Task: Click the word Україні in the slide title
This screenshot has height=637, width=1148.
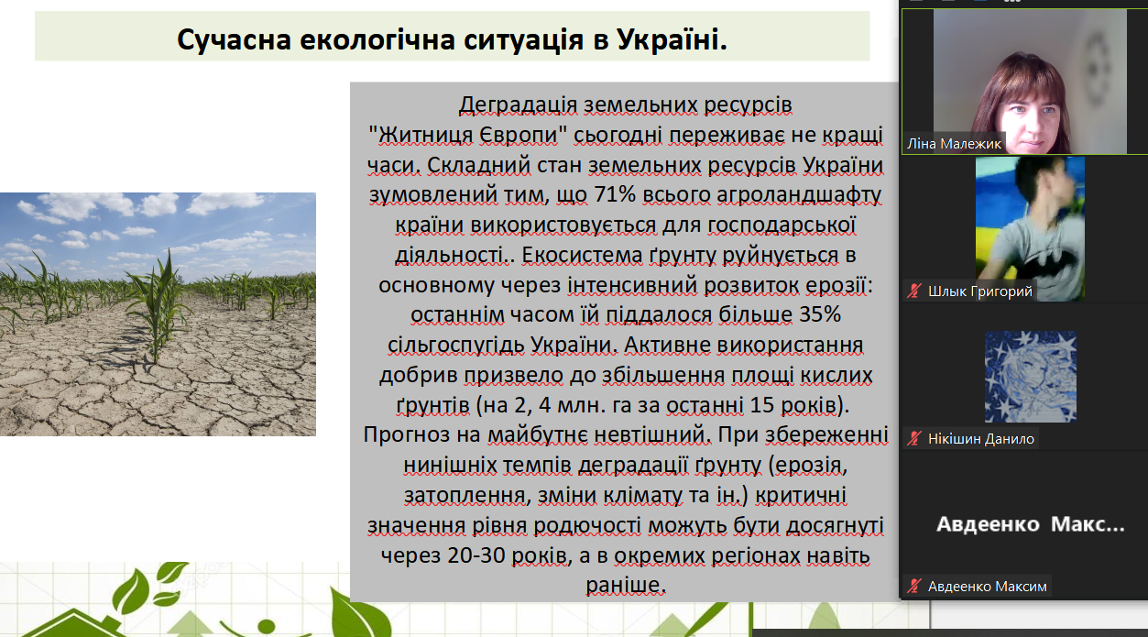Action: tap(672, 39)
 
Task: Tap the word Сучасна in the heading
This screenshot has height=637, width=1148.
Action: tap(235, 40)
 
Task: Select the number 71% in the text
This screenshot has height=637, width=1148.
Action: tap(615, 195)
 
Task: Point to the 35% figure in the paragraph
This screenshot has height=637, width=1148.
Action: tap(820, 314)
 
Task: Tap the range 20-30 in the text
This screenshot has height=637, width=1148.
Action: tap(476, 555)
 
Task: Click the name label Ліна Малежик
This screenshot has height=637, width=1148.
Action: tap(954, 144)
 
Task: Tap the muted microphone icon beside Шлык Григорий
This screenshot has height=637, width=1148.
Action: tap(913, 291)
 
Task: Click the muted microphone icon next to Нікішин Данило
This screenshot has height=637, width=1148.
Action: tap(913, 438)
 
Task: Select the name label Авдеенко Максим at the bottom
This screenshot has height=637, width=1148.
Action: tap(987, 587)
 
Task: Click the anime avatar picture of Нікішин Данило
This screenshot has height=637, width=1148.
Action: tap(1030, 377)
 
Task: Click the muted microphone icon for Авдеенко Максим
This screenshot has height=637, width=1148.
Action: tap(913, 586)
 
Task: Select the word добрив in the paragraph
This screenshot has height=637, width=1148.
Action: tap(418, 376)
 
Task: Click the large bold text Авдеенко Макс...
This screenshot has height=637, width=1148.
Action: tap(1030, 524)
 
